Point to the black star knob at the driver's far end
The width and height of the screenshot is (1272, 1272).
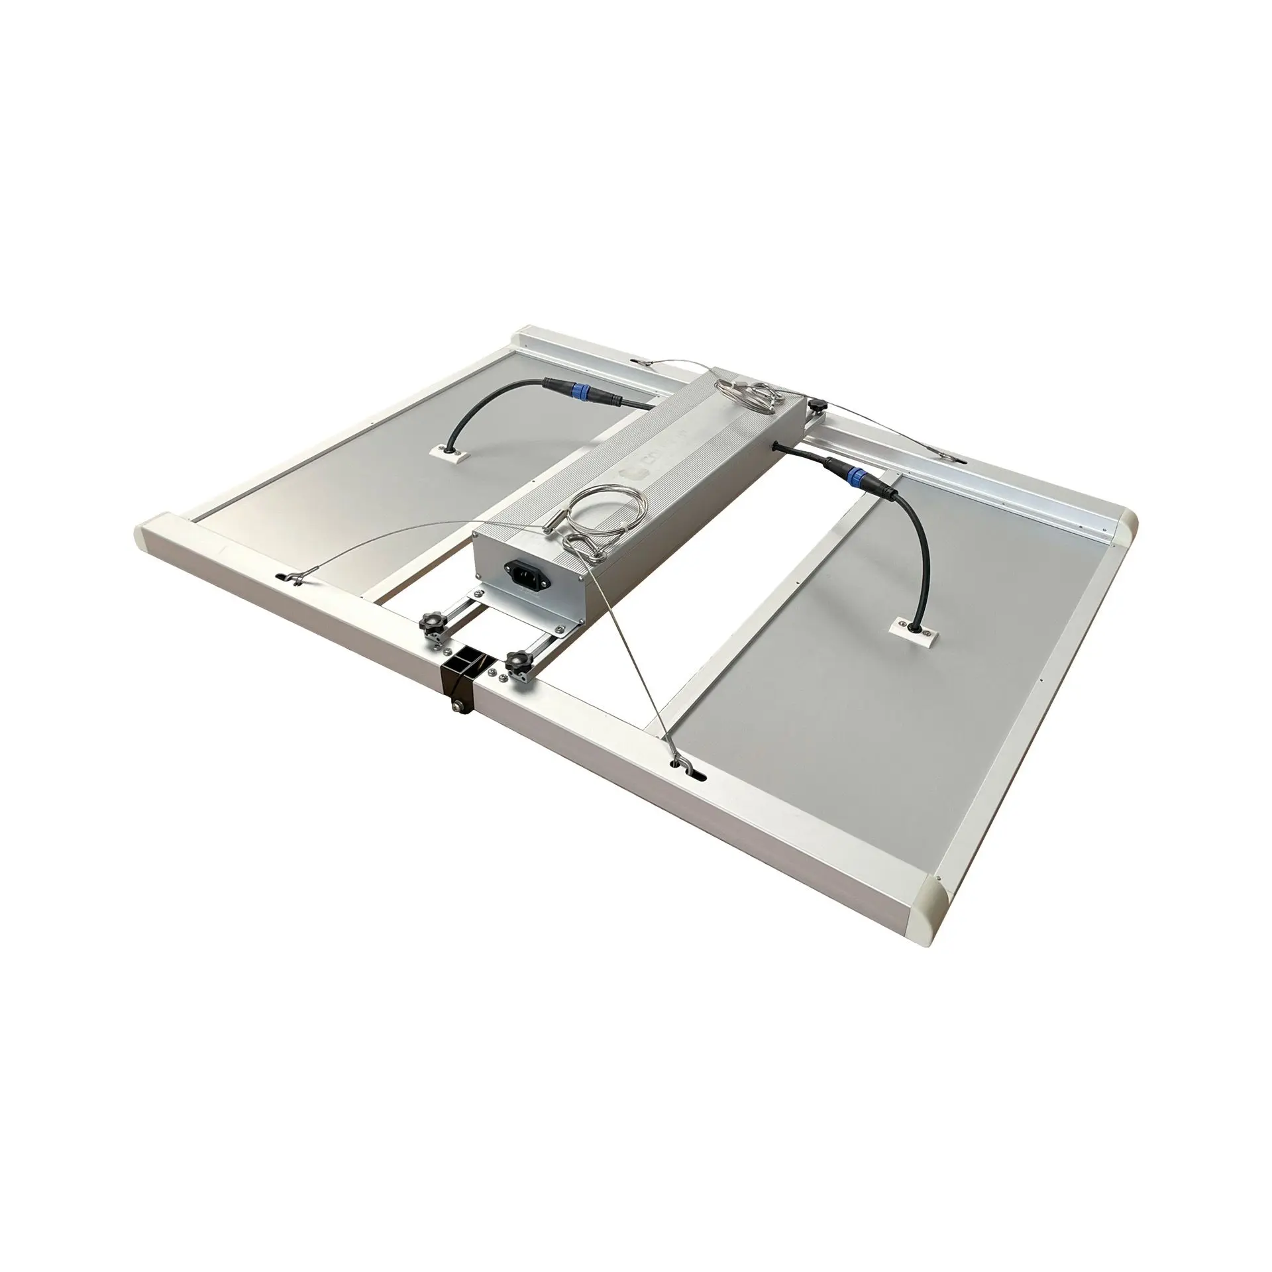(x=819, y=404)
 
